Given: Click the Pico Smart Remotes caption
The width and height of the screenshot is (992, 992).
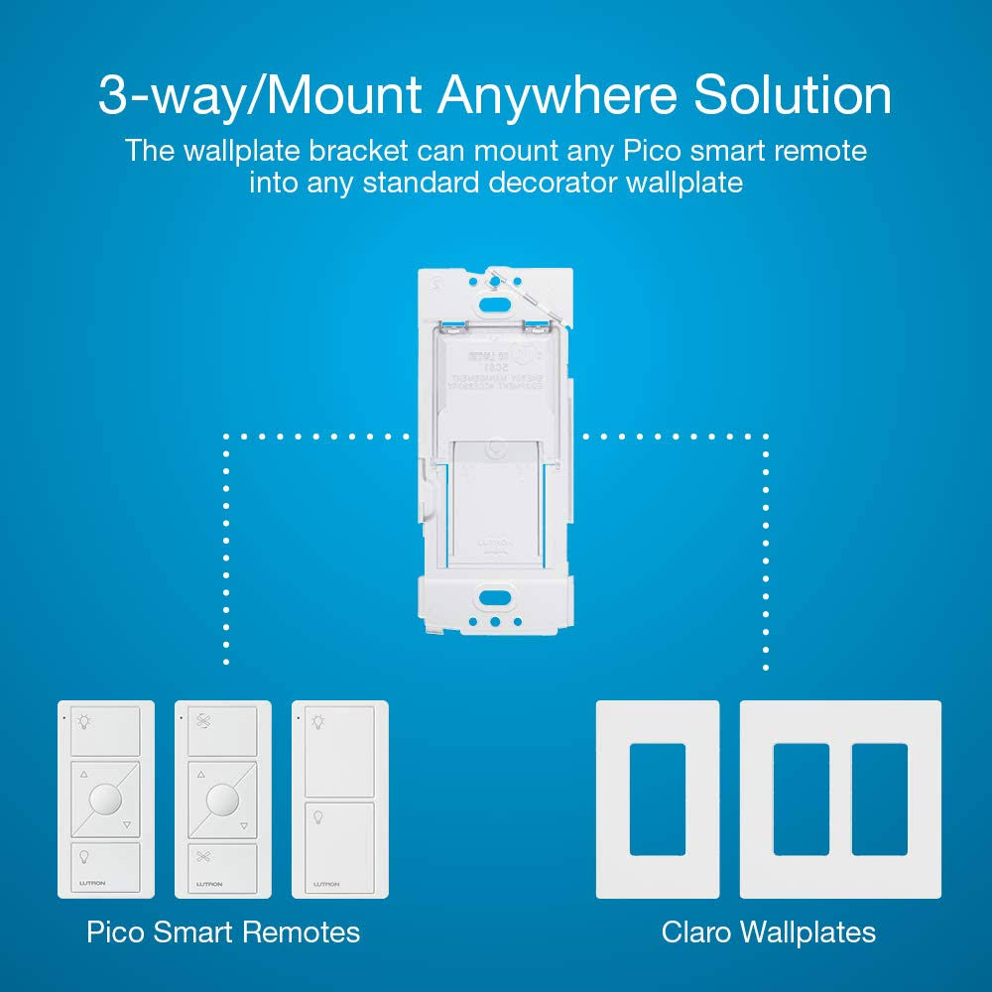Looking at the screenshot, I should tap(223, 932).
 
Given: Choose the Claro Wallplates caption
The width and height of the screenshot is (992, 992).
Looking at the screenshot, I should tap(769, 932).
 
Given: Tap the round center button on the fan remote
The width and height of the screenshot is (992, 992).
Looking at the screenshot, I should tap(223, 800).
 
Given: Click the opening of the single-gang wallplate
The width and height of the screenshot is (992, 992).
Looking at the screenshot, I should tap(657, 800).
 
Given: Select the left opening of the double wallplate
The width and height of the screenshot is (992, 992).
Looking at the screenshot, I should tap(801, 800).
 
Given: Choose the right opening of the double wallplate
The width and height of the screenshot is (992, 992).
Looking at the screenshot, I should tap(880, 800).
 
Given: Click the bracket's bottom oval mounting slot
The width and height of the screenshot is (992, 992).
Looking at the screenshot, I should tap(493, 598).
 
